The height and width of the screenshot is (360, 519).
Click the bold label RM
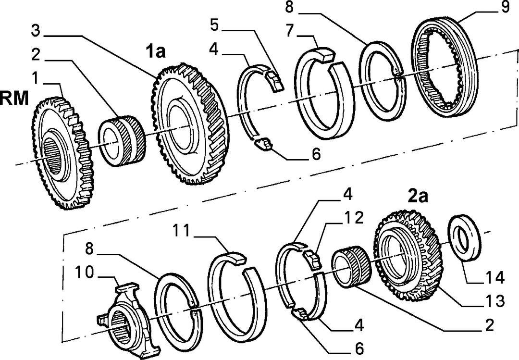[14, 99]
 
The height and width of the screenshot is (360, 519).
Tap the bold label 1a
[156, 51]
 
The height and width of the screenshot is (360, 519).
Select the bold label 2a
[418, 197]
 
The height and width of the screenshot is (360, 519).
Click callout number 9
[505, 7]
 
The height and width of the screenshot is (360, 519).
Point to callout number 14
[495, 277]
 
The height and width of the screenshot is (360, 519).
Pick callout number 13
[495, 301]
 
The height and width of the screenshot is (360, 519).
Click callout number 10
[85, 273]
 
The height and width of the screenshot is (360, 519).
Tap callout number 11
[181, 231]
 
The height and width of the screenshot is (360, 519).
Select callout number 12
[354, 218]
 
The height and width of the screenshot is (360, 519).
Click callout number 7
[290, 31]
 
